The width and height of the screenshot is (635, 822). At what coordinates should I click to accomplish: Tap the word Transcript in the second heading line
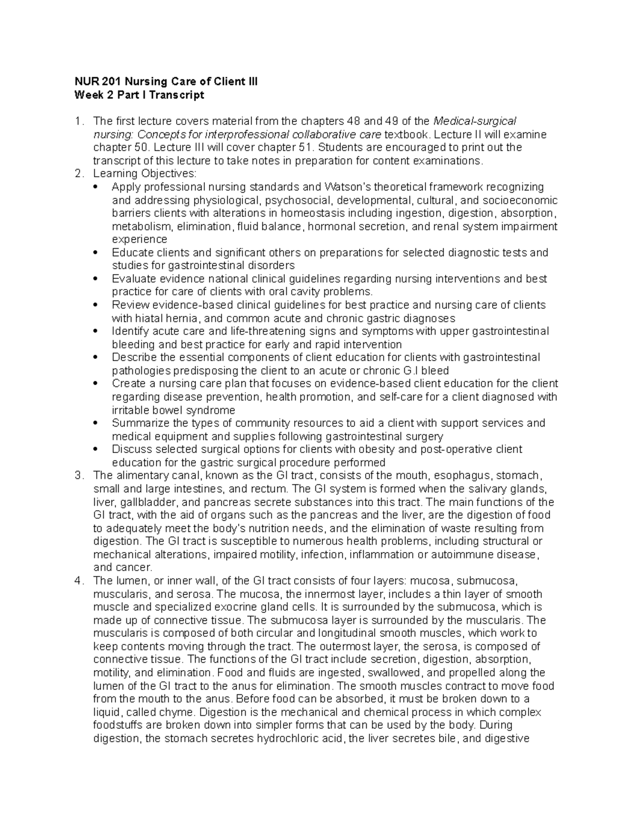177,95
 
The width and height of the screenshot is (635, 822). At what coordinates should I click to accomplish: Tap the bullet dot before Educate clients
95,252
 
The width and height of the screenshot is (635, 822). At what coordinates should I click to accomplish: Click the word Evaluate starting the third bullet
131,279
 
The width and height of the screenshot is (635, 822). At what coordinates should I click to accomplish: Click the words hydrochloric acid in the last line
300,738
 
